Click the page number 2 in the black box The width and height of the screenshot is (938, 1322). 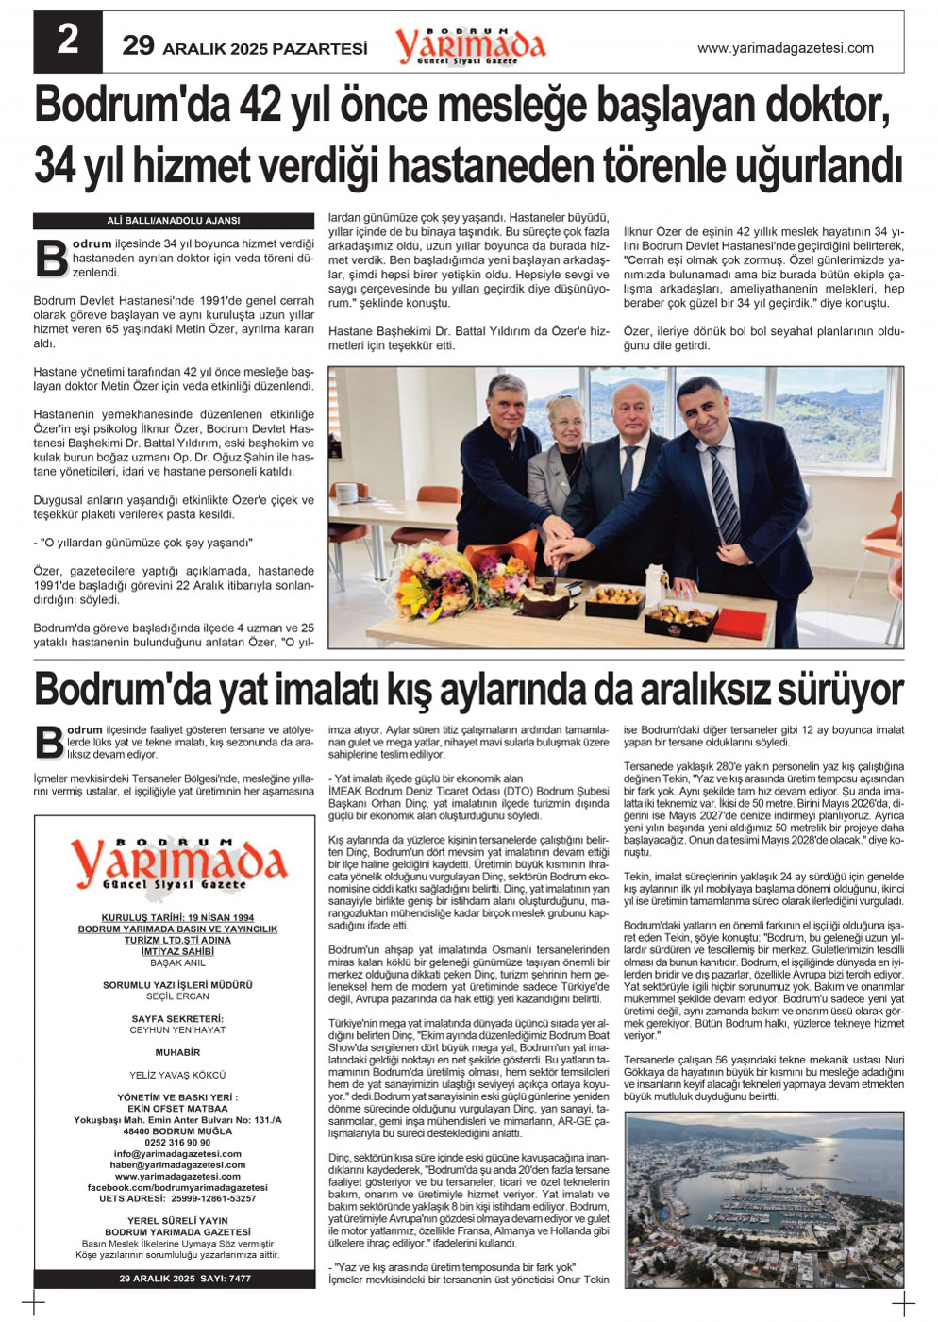pyautogui.click(x=67, y=42)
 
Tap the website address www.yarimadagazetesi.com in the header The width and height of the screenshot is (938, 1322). pyautogui.click(x=784, y=48)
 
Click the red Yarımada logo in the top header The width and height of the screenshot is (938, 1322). pyautogui.click(x=470, y=45)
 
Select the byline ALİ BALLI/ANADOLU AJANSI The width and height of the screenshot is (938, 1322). pyautogui.click(x=174, y=221)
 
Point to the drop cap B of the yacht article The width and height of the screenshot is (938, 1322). pyautogui.click(x=48, y=743)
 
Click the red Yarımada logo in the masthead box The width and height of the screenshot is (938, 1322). pyautogui.click(x=177, y=862)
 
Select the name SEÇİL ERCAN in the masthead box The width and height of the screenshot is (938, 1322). pyautogui.click(x=177, y=996)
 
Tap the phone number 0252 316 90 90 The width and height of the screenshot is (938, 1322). pyautogui.click(x=177, y=1143)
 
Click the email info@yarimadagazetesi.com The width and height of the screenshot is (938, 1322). pyautogui.click(x=177, y=1154)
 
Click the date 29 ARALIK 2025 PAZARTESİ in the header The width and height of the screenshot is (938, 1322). pyautogui.click(x=244, y=47)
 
